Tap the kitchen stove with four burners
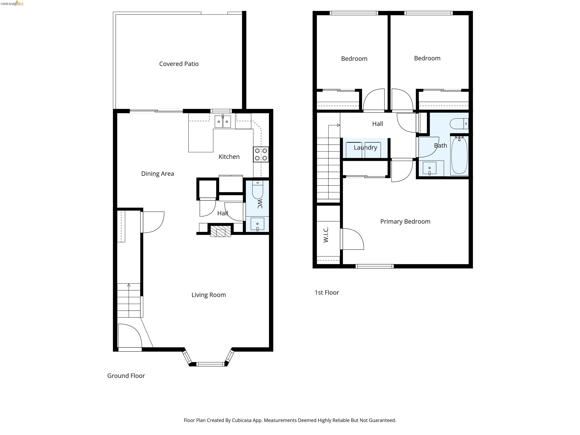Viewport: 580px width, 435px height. coord(261,154)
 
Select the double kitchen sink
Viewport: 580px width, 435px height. coord(223,122)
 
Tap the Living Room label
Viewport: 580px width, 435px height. coord(209,295)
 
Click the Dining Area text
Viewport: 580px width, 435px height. coord(158,174)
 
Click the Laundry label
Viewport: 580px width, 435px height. coord(366,148)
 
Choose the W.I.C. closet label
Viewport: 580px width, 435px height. coord(326,235)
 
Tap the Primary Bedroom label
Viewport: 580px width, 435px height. coord(405,222)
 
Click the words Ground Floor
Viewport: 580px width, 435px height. coord(126,376)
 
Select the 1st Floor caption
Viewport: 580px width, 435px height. coord(327,293)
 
